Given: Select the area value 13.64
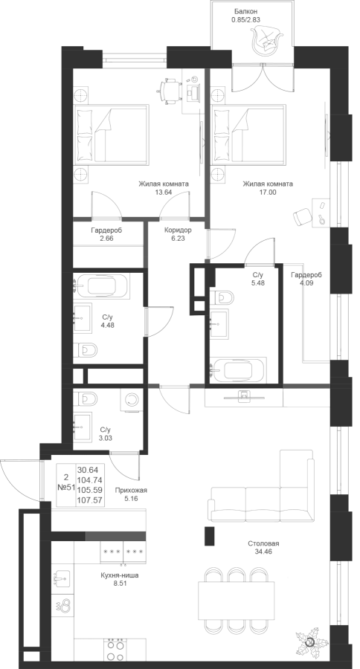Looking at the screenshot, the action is coord(163,192).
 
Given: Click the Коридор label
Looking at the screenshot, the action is coord(178,230).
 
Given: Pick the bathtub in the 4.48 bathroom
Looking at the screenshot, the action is coord(100,285).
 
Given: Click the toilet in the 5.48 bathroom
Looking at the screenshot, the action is coord(222,297).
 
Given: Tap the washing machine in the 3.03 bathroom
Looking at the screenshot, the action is coord(130,400).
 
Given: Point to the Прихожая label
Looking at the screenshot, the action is coord(134,491).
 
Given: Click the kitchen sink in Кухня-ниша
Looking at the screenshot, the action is coord(62,576).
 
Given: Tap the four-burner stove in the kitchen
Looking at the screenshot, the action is coord(115,651).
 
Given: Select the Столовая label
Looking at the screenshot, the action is coord(263,543).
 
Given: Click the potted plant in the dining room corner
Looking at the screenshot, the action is coord(310,641).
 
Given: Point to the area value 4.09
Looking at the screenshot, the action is coord(306,282).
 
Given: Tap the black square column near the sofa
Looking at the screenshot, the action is coord(209,536).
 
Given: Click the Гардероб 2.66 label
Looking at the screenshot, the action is coord(106,234).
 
